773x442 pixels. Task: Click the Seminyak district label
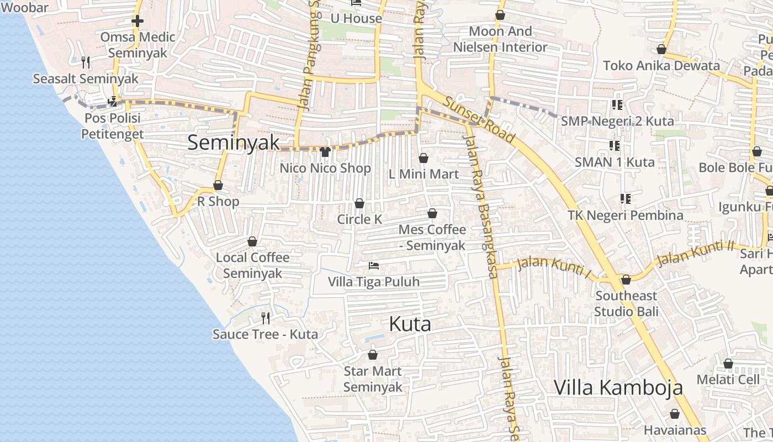point(234,142)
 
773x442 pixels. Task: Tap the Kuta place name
point(410,324)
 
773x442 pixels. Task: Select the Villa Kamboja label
point(618,387)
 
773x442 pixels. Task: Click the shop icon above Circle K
point(359,203)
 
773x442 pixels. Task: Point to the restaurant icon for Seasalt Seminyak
point(86,62)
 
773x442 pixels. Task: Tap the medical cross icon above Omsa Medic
point(137,22)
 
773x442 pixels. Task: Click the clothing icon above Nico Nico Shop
point(325,151)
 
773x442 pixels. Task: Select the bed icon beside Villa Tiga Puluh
point(374,266)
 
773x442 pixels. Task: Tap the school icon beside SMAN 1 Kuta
point(615,146)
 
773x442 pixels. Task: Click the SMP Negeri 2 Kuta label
point(617,121)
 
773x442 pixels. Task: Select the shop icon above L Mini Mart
point(423,158)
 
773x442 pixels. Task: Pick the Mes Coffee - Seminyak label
point(432,238)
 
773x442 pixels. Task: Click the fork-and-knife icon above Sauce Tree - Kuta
point(266,318)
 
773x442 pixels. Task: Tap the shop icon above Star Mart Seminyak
point(373,355)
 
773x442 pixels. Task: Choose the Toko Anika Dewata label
point(661,66)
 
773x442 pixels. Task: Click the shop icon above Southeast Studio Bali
point(626,280)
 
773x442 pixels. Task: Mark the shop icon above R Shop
point(218,185)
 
